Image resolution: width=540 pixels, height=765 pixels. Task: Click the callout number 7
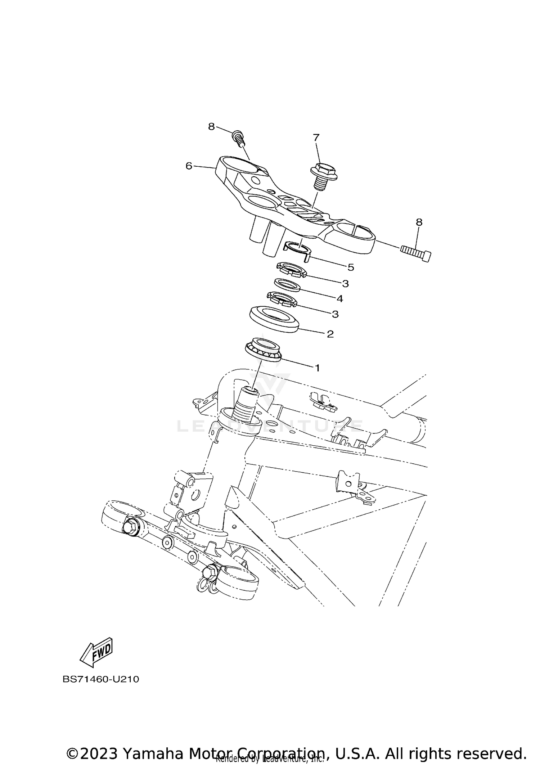coord(316,138)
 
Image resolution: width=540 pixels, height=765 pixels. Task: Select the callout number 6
coord(189,166)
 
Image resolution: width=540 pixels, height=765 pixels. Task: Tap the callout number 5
coord(351,267)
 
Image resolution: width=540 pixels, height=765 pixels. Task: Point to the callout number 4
coord(339,298)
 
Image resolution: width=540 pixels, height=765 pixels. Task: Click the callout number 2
coord(330,334)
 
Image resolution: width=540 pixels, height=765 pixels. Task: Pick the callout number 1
coord(317,368)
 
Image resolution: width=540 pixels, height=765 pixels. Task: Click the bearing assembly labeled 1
coord(263,349)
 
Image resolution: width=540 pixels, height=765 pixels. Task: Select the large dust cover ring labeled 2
coord(275,318)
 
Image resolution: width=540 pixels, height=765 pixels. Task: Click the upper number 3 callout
coord(345,284)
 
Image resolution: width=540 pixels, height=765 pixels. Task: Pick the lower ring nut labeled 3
coord(282,300)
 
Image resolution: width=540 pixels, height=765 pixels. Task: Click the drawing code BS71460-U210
coord(101,679)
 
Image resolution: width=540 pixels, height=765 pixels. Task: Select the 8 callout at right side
coord(419,222)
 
